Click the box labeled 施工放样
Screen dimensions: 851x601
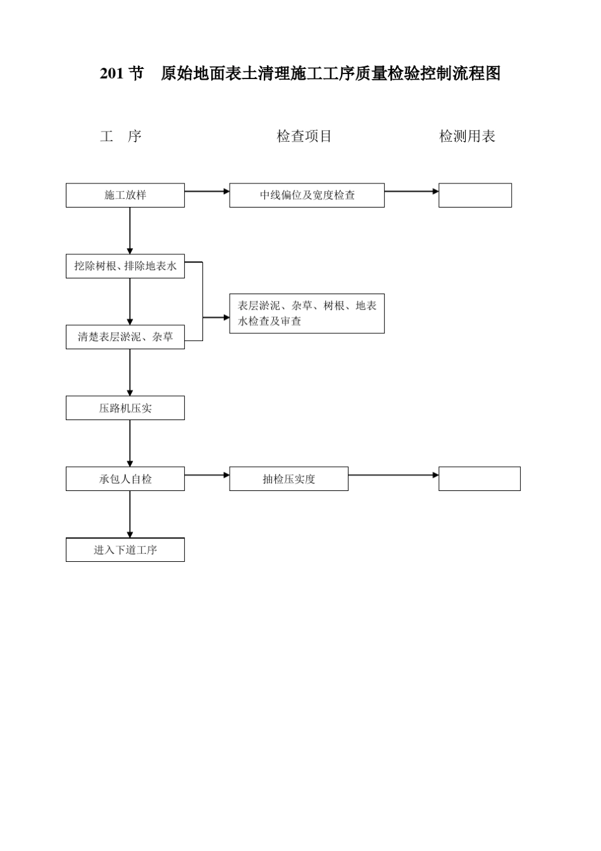pos(125,196)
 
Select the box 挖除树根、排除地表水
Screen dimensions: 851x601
pos(125,266)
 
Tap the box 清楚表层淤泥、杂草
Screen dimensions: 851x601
pos(125,337)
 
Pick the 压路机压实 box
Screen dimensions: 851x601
pos(125,408)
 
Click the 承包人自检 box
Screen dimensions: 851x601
pos(125,479)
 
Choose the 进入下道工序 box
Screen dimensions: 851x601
pos(125,550)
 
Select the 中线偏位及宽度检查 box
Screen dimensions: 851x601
pos(307,196)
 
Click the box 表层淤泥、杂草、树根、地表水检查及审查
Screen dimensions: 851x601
pos(307,313)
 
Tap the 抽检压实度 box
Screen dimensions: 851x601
pos(288,479)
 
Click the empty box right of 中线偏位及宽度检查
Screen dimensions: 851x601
pos(475,196)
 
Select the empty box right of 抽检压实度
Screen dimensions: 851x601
pos(480,479)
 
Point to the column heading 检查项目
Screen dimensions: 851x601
pos(304,136)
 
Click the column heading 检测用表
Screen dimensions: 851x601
pos(467,136)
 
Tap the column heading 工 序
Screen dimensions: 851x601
pos(121,136)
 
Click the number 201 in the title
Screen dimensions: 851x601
pos(111,74)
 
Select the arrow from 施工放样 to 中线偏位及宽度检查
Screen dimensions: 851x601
pos(207,191)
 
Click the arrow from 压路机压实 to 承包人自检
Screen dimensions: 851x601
pos(130,443)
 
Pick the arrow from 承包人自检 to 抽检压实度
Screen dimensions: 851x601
pos(207,475)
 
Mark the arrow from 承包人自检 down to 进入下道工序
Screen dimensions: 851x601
pos(130,514)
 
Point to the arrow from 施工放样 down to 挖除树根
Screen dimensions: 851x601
pos(130,230)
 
